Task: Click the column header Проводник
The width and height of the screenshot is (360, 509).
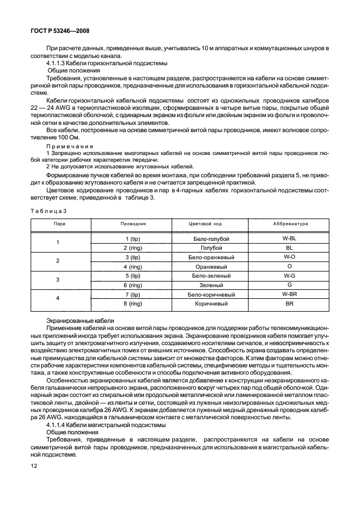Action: coord(133,223)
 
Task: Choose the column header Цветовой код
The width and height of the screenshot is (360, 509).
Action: coord(207,223)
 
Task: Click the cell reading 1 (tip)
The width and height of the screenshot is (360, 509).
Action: coord(133,239)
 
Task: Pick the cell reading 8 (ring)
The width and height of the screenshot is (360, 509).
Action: coord(133,304)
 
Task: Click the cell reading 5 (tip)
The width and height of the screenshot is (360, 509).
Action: coord(133,275)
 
